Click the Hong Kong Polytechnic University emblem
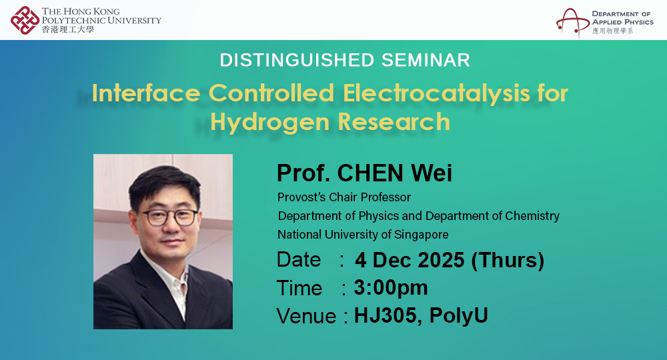click(25, 19)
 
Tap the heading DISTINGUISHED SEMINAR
click(345, 60)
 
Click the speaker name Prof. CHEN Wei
click(364, 173)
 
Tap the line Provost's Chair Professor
click(344, 197)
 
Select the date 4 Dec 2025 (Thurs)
click(449, 260)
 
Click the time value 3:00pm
click(391, 288)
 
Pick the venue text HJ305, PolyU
click(421, 315)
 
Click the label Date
click(299, 260)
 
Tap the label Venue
click(306, 316)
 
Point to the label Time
click(299, 288)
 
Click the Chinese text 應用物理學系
click(612, 31)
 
